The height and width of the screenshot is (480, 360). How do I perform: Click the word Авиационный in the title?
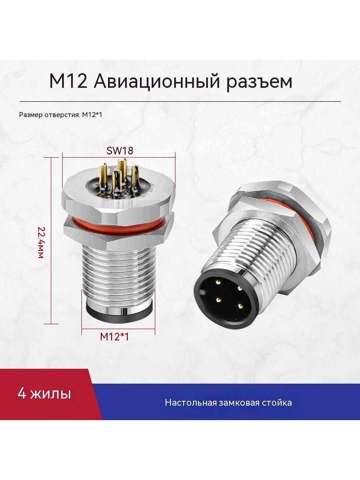tap(156, 82)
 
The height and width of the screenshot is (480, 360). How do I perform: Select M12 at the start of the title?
tap(68, 82)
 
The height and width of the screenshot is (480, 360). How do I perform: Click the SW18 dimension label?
tap(120, 150)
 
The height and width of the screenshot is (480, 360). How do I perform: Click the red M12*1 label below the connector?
tap(114, 337)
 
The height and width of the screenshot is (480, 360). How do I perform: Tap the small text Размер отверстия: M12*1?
tap(60, 115)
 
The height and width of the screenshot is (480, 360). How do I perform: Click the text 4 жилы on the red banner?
tap(45, 394)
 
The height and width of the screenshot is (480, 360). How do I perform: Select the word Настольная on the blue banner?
tap(191, 402)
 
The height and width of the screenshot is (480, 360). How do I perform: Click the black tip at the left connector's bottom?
tap(118, 312)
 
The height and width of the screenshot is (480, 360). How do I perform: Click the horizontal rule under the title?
tap(180, 101)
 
